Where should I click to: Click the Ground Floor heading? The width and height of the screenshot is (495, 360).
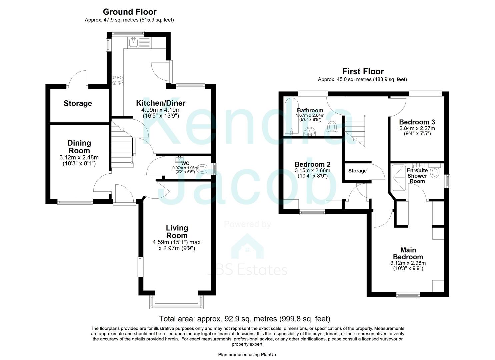129,12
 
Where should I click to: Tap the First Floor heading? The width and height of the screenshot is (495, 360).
363,71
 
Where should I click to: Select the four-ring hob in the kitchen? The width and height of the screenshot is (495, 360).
117,80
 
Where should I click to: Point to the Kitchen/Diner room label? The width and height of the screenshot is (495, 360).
161,103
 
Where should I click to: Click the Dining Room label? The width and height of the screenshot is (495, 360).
79,147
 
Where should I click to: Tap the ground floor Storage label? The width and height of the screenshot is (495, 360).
78,104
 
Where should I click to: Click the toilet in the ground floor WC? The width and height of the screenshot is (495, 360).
202,169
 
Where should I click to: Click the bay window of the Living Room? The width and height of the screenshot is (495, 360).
177,301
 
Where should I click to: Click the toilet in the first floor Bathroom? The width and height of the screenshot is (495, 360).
332,127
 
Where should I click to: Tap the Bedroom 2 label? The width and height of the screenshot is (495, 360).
312,164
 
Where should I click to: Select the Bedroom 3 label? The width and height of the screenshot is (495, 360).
417,122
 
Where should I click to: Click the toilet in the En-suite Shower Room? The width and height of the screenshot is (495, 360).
435,172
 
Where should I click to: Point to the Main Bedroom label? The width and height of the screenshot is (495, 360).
408,253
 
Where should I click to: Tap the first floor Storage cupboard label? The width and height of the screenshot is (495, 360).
357,171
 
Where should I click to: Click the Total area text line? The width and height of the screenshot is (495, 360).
244,319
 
